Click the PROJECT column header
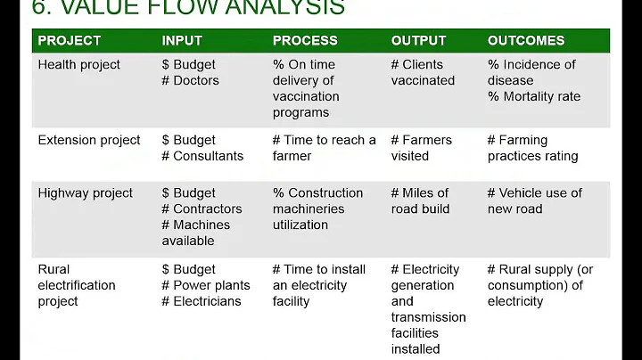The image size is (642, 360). (x=70, y=41)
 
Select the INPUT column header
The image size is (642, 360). (x=182, y=41)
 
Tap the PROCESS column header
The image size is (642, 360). (x=305, y=41)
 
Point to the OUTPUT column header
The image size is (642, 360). (x=420, y=41)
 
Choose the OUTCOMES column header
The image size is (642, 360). (x=526, y=41)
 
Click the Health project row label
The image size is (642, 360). (x=78, y=65)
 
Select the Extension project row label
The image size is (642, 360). (x=89, y=141)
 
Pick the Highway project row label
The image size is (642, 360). (x=85, y=193)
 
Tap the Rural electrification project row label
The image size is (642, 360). (x=77, y=285)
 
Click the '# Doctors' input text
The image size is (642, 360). (x=190, y=81)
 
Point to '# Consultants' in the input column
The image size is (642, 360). (x=202, y=157)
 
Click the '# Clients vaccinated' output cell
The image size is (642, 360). (x=423, y=73)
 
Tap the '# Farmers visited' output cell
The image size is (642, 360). (x=421, y=149)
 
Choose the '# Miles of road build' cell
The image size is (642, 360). (x=420, y=201)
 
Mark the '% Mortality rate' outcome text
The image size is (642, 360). (x=534, y=97)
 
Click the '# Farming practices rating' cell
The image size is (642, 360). (x=532, y=149)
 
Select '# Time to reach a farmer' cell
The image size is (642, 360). (x=325, y=149)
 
